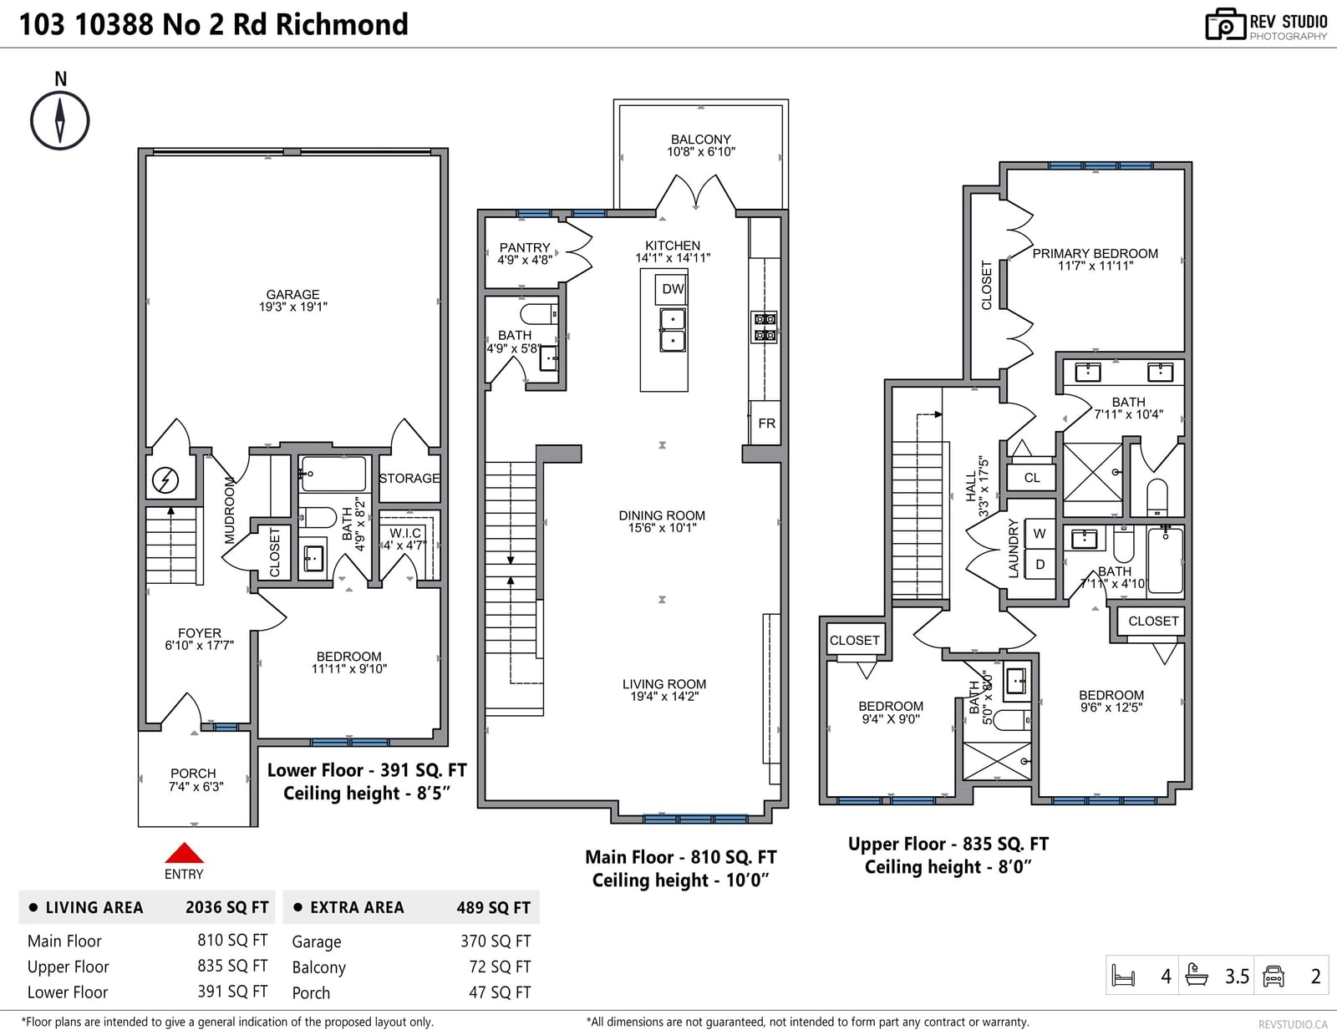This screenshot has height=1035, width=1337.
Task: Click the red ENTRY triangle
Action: coord(184,853)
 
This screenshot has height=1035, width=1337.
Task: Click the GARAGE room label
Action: coord(292,295)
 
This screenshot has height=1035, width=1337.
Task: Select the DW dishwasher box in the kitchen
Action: coord(672,289)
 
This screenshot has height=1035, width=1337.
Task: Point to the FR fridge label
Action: coord(766,423)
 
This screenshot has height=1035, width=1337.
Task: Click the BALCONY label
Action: coord(701,140)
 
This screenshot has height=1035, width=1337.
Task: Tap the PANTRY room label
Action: coord(525,248)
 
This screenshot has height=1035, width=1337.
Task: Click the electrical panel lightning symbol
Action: coord(165,480)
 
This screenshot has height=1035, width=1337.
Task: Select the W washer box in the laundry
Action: coord(1040,534)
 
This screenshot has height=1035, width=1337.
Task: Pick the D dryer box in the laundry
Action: coord(1040,565)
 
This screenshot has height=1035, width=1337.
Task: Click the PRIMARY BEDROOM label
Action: coord(1096,253)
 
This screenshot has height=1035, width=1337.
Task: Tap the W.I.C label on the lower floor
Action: coord(405,533)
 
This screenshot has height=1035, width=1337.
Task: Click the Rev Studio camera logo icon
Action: coord(1226,24)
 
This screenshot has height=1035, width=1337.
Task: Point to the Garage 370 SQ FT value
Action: coord(496,941)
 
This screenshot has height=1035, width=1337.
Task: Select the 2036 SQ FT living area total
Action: coord(227,907)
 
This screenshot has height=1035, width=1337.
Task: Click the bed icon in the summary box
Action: coord(1124,976)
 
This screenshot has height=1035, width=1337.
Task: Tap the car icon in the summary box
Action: coord(1273,976)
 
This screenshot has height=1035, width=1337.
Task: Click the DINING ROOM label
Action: coord(662,515)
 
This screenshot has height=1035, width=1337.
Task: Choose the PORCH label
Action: coord(193,774)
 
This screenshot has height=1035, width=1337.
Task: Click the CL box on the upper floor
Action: coord(1032,478)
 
